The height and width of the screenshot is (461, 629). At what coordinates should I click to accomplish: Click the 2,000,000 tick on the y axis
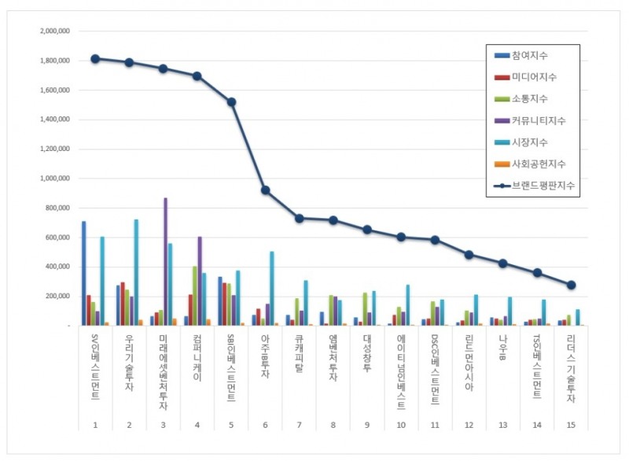point(53,31)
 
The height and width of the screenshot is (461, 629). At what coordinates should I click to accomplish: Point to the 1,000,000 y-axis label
point(53,179)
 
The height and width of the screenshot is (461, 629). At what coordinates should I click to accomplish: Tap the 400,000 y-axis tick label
point(57,267)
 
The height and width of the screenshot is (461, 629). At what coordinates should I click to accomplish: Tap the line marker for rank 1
point(94,58)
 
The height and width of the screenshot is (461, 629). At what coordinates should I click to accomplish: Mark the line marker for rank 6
point(266,190)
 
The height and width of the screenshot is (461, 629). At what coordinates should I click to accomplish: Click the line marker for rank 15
point(572,285)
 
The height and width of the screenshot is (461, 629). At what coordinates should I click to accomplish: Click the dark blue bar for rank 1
point(83,273)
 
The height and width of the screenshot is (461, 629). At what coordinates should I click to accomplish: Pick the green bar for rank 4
point(195,295)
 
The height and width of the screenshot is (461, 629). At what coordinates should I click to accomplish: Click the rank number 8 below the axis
point(333,426)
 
